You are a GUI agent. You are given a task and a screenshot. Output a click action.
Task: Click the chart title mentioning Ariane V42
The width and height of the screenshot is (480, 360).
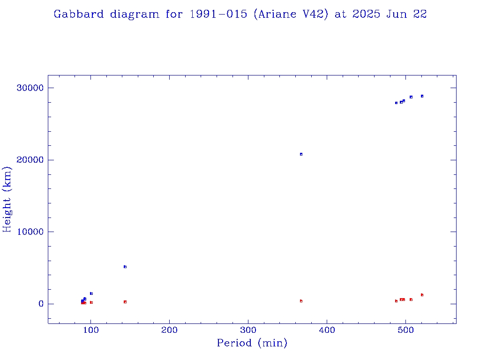pos(240,14)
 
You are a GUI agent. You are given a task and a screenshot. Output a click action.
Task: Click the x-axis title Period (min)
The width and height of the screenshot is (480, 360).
pos(252,343)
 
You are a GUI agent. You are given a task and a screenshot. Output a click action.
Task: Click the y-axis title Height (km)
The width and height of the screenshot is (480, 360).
pos(7,199)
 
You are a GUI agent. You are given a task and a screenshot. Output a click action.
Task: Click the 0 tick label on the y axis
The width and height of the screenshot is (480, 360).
pos(41,304)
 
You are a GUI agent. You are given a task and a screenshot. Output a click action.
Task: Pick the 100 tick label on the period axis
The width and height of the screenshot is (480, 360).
pos(91,330)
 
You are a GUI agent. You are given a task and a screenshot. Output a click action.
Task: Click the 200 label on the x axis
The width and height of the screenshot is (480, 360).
pos(170,330)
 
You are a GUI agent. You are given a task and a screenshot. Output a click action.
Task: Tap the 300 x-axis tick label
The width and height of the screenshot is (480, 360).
pos(248,330)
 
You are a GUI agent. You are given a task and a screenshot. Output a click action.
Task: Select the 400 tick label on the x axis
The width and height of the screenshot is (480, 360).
pos(327,330)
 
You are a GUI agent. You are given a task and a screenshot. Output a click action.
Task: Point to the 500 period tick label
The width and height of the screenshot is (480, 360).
pos(406,330)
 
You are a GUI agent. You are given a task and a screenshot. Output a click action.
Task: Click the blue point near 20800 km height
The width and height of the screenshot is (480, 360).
pos(301,154)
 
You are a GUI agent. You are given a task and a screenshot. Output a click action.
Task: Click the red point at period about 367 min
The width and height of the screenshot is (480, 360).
pos(301,301)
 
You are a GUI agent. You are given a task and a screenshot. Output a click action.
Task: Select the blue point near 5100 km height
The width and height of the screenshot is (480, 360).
pos(125,267)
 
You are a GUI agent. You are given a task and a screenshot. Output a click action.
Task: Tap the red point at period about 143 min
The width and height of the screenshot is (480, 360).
pos(125,302)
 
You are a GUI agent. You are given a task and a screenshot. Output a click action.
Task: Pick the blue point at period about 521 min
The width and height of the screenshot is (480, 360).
pos(422,96)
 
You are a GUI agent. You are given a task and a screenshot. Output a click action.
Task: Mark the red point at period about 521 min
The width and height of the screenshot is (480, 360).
pos(422,295)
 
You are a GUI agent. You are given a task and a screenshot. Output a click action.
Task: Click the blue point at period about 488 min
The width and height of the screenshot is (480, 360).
pos(396,103)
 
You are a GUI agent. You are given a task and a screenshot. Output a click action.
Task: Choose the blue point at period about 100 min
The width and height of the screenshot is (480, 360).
pos(91,293)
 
